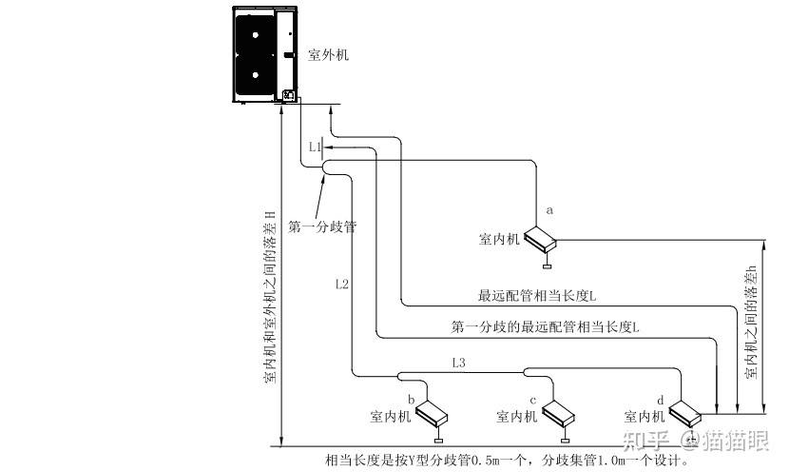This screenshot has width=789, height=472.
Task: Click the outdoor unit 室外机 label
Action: [329, 55]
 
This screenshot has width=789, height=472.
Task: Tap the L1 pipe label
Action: [316, 147]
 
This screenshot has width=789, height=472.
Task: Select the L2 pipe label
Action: [342, 284]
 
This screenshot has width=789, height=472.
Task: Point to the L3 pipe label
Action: [459, 363]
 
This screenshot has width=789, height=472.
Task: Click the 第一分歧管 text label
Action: [321, 227]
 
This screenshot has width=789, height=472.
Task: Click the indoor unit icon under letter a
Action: [542, 236]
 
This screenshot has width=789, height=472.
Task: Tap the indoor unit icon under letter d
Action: [684, 411]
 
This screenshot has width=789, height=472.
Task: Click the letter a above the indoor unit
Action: [548, 207]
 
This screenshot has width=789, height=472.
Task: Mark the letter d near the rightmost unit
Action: [661, 399]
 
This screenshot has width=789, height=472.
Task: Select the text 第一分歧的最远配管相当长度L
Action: [545, 326]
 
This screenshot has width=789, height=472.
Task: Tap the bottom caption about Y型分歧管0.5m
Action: [506, 461]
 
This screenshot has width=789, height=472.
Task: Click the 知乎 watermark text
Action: [645, 440]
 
